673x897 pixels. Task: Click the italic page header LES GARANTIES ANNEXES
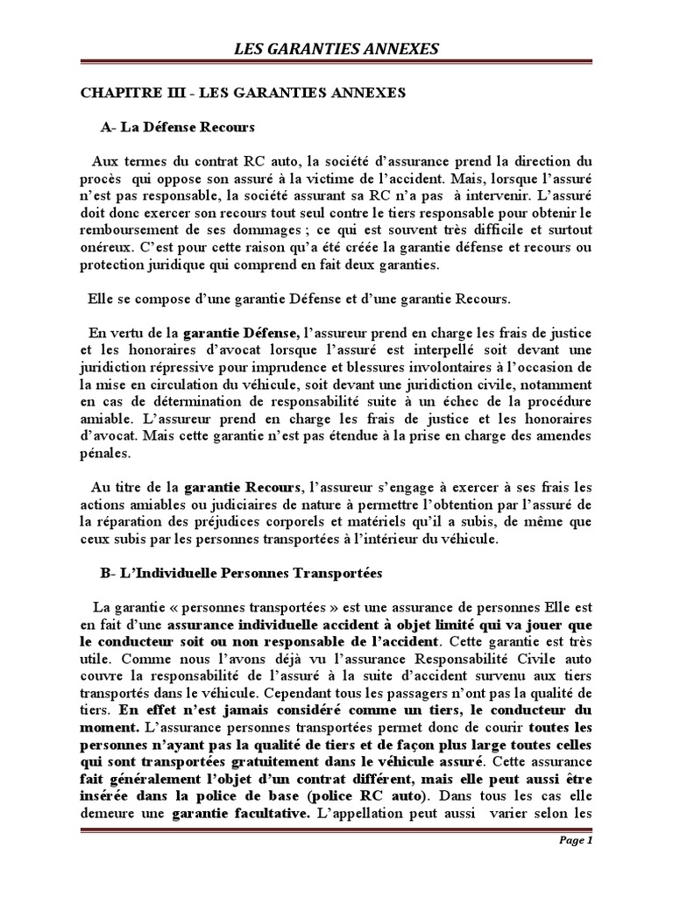coord(336,49)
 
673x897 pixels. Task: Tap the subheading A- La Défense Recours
coord(177,128)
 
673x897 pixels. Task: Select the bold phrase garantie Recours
coord(241,487)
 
